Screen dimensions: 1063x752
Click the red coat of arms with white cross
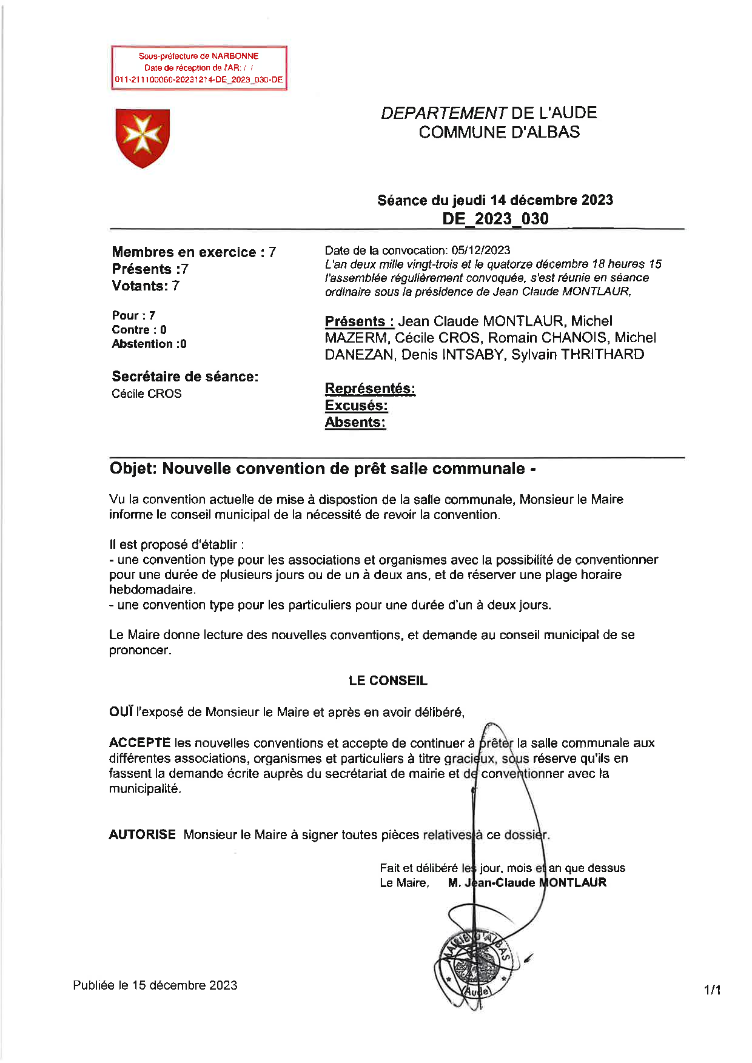143,138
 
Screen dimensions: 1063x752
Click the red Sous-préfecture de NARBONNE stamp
199,68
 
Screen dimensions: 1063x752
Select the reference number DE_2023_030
495,219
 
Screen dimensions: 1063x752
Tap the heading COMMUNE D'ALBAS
499,132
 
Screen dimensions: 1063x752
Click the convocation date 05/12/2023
481,250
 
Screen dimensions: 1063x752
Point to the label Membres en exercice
184,252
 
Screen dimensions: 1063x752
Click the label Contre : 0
139,330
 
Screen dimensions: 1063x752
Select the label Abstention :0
149,344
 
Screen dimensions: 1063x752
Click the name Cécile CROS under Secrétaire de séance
147,394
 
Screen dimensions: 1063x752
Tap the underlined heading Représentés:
370,389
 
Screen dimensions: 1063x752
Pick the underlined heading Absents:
355,423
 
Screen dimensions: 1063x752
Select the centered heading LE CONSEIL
388,681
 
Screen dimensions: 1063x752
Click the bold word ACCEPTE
139,743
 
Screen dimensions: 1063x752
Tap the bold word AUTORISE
142,835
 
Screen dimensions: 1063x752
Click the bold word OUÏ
121,713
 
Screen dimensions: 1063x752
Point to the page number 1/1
712,990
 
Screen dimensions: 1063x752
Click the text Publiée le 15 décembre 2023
155,985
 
